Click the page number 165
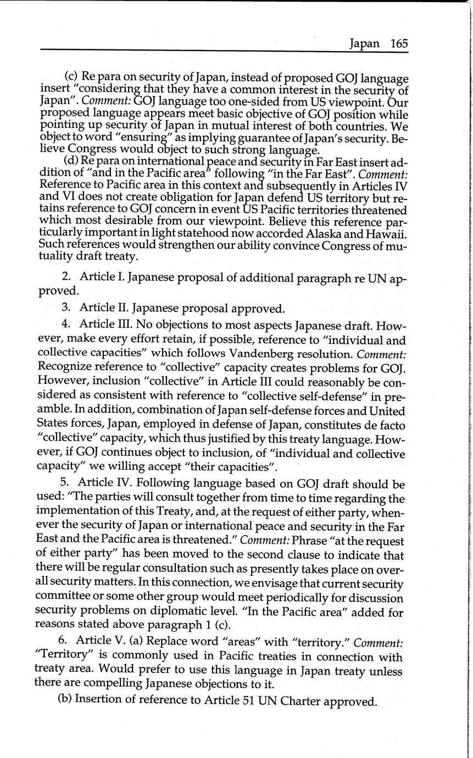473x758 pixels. point(399,43)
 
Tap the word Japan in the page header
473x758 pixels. point(364,44)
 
